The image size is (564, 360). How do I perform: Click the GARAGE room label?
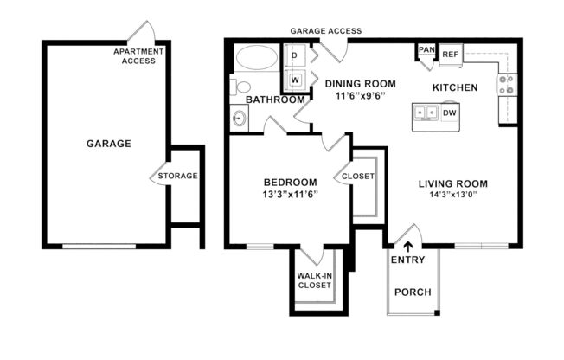108,144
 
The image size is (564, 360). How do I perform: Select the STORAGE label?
177,176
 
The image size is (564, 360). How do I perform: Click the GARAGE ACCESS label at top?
325,30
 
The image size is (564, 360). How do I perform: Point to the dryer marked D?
294,56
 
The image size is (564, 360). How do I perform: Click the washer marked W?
294,80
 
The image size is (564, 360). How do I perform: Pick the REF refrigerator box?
450,55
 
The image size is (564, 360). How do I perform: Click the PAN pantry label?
426,51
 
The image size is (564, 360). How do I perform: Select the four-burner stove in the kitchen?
506,84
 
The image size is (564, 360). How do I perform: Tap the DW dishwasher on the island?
450,112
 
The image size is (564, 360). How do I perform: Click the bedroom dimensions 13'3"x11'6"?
290,195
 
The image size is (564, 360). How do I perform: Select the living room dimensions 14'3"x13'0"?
453,196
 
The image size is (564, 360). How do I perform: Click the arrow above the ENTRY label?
407,246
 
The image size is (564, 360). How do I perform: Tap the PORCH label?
412,292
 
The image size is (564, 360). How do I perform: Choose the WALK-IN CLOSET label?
316,280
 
